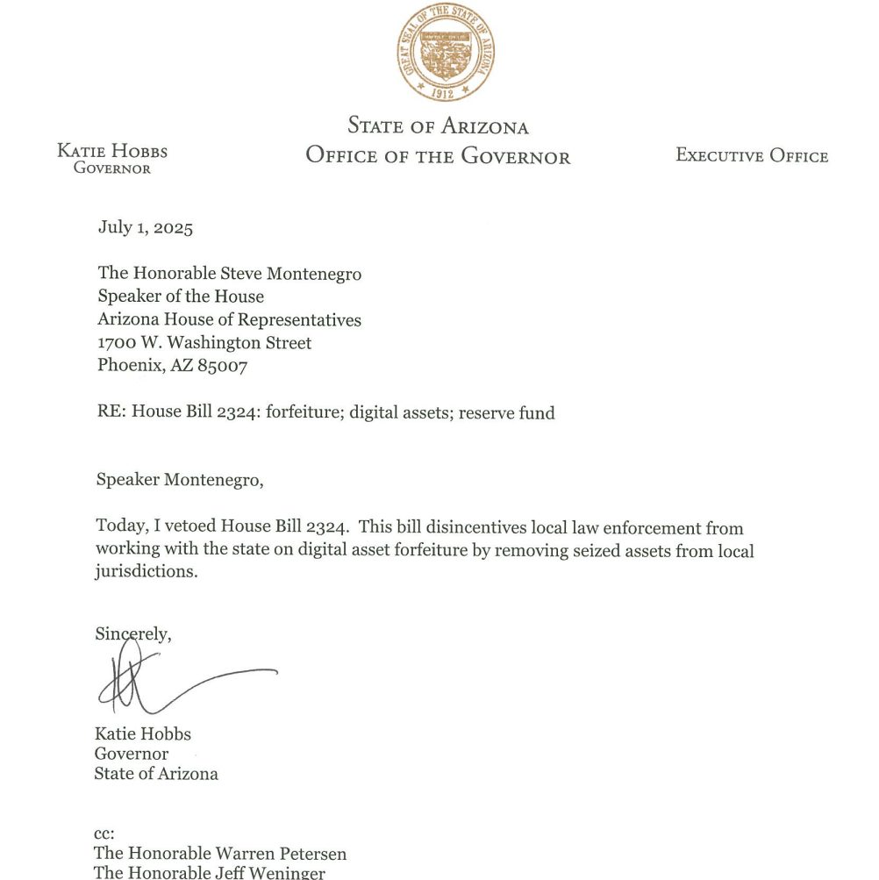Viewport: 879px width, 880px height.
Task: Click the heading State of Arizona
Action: pos(438,125)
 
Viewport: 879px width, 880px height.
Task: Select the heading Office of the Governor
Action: pos(438,156)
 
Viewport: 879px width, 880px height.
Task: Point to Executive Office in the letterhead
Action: pos(752,156)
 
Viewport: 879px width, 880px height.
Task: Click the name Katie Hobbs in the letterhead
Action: pos(112,151)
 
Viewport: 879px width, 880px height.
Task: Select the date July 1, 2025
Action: pos(145,228)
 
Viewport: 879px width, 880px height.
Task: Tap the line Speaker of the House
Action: pos(181,297)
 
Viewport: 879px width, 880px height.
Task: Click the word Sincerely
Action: pos(133,633)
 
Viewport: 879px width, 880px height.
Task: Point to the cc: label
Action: pos(104,833)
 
